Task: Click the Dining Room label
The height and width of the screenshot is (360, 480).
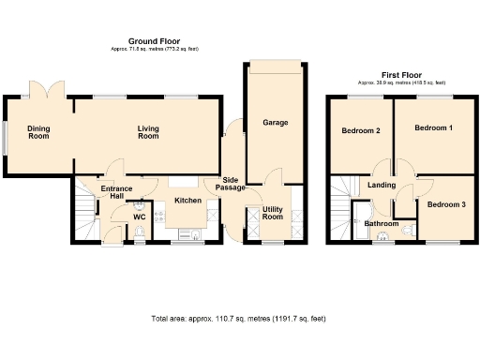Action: click(38, 133)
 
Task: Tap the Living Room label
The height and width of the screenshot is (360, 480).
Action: click(148, 133)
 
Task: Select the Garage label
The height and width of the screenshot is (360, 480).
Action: click(275, 123)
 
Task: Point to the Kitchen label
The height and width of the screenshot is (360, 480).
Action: click(188, 201)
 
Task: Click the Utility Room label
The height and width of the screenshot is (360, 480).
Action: click(273, 213)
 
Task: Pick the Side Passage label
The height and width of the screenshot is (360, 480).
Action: click(232, 185)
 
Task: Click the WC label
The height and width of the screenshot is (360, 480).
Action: click(139, 217)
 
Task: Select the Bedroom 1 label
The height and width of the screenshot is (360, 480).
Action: click(434, 127)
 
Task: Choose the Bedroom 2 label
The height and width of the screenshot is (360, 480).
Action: click(360, 130)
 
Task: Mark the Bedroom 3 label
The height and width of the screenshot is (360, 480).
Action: click(446, 204)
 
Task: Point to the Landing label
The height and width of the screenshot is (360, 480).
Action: click(382, 186)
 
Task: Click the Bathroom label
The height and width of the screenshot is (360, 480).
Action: click(382, 224)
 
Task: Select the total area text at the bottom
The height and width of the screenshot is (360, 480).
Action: click(239, 320)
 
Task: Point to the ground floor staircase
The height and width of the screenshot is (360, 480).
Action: click(83, 213)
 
